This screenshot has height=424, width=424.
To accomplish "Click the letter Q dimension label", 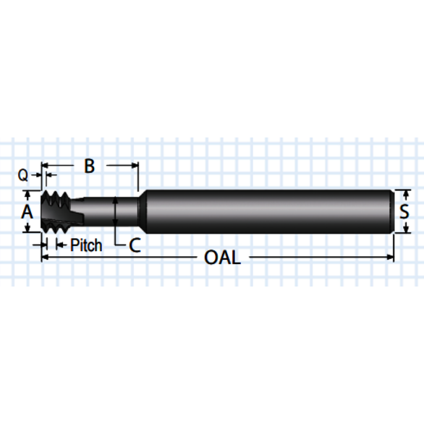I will click(x=23, y=174).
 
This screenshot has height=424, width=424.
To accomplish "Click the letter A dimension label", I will click(x=27, y=212).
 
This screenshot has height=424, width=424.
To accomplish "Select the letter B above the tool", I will click(x=89, y=166).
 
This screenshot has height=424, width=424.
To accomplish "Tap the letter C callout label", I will click(x=134, y=245).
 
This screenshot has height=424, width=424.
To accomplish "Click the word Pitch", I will click(x=86, y=245).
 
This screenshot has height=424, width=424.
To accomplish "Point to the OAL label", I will click(x=222, y=258).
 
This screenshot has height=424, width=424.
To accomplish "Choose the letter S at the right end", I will click(x=406, y=212).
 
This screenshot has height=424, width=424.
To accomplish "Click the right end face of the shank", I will click(x=393, y=211).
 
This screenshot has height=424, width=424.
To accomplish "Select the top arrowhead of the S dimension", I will click(x=406, y=194).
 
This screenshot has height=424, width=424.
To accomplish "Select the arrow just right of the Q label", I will click(x=37, y=174).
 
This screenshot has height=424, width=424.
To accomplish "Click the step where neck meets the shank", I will click(x=139, y=211).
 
